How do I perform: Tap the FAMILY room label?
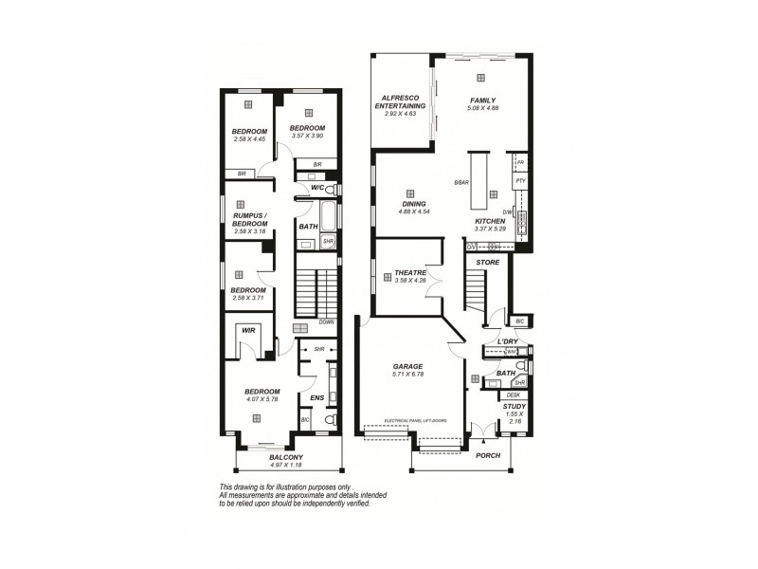[x=482, y=100]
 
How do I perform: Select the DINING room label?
[x=414, y=203]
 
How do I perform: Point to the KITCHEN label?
[x=491, y=220]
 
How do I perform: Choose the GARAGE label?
[x=407, y=365]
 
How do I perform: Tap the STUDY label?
[x=514, y=406]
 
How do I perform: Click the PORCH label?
[x=488, y=454]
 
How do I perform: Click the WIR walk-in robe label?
[x=247, y=330]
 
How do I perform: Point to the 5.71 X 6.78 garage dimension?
[x=407, y=374]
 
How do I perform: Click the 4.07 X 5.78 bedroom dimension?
[x=262, y=400]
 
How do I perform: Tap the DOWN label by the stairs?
[x=327, y=321]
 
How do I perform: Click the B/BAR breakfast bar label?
[x=462, y=182]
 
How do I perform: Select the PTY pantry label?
[x=520, y=180]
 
